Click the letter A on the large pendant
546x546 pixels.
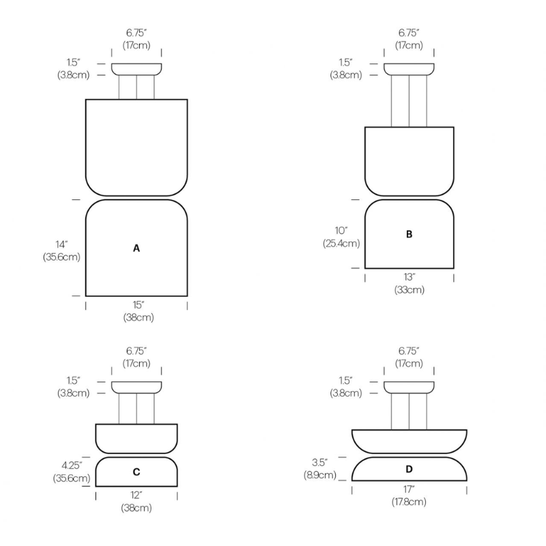click(136, 248)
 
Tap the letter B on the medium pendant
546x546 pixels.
click(409, 234)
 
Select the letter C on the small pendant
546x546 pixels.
click(136, 472)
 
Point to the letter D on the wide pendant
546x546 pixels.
click(409, 469)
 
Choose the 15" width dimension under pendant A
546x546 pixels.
click(136, 305)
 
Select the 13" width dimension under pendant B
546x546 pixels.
click(409, 277)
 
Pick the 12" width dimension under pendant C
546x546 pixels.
click(136, 495)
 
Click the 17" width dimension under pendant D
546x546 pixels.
click(409, 489)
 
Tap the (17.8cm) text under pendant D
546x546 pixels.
click(409, 502)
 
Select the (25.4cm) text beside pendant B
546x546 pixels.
click(342, 243)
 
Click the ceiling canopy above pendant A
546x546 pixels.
click(136, 69)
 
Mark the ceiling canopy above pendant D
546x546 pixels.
click(409, 388)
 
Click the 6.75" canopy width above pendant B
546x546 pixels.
click(409, 33)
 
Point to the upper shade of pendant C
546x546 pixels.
click(136, 437)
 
